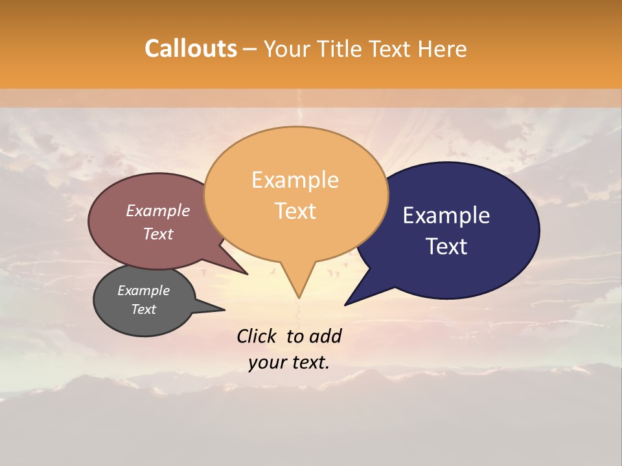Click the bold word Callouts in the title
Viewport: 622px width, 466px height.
(x=190, y=49)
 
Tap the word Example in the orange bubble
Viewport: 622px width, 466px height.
(x=295, y=180)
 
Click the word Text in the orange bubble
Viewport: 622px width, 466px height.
(x=295, y=211)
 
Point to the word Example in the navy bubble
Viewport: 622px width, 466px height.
(x=446, y=216)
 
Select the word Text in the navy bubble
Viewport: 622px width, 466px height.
(x=446, y=247)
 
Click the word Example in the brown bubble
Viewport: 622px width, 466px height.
(x=157, y=210)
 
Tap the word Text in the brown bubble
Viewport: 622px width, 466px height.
(x=157, y=234)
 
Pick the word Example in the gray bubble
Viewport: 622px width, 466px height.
(x=143, y=291)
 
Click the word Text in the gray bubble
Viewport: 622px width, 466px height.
(x=143, y=309)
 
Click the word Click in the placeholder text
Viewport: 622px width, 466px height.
(x=257, y=336)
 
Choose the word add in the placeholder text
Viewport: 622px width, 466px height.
(x=325, y=336)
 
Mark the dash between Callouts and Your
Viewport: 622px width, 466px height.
(x=251, y=49)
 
